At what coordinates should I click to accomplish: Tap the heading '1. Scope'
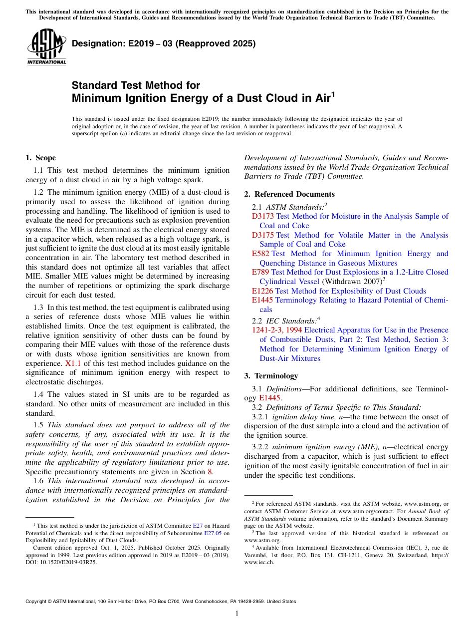40,158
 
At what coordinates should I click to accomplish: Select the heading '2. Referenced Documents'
289,194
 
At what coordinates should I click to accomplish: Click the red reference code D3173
262,216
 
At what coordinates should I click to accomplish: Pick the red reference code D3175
262,235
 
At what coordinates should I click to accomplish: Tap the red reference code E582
260,254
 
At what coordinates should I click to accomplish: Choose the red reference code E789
260,272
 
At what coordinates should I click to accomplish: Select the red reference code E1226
262,291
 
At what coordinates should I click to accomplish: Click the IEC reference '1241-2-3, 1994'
277,330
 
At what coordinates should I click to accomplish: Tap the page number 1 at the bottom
237,613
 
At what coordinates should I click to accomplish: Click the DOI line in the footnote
61,562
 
